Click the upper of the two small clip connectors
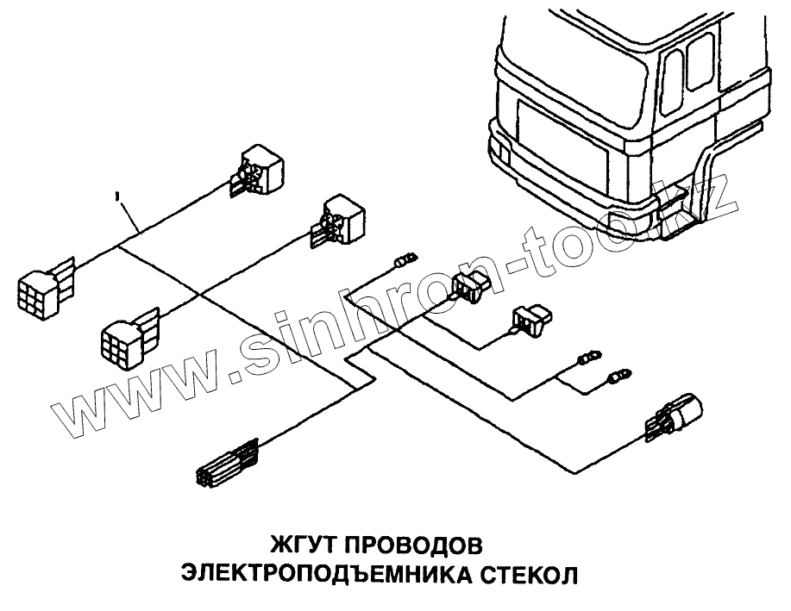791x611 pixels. (470, 288)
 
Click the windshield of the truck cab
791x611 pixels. (570, 53)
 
